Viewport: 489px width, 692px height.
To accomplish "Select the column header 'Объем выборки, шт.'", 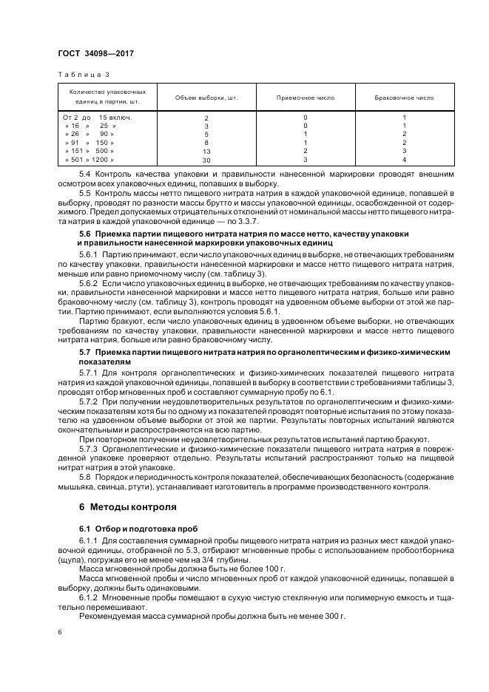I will pyautogui.click(x=206, y=98).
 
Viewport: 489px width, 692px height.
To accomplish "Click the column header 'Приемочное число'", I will pyautogui.click(x=305, y=98).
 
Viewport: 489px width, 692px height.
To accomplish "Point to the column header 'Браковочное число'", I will pyautogui.click(x=404, y=98).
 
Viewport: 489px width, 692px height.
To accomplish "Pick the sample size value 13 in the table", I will pyautogui.click(x=206, y=150).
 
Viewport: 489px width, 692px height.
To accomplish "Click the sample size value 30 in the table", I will pyautogui.click(x=206, y=159).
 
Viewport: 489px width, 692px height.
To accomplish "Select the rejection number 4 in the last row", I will pyautogui.click(x=404, y=159).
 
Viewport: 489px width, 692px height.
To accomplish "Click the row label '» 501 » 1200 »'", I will pyautogui.click(x=90, y=159).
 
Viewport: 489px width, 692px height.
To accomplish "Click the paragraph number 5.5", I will pyautogui.click(x=85, y=193).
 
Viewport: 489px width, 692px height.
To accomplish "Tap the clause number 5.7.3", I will pyautogui.click(x=89, y=449).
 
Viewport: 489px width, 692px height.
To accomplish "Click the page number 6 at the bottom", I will pyautogui.click(x=59, y=633).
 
